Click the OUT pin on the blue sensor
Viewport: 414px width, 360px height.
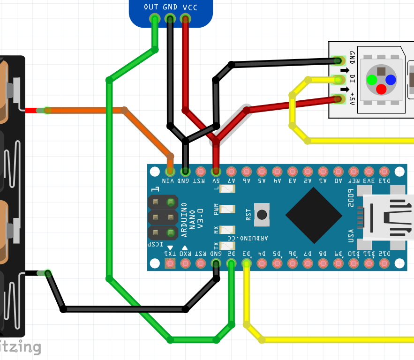[x=154, y=19]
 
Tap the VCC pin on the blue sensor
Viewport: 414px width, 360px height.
[x=185, y=19]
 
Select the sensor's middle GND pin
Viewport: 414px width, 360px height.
[x=170, y=19]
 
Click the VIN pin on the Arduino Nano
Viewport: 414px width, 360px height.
[x=170, y=171]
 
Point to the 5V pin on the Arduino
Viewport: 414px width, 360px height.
[x=216, y=171]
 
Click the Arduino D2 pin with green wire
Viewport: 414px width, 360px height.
[x=231, y=263]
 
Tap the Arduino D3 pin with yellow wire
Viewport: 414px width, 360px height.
[x=247, y=263]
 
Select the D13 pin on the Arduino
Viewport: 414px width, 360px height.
[x=384, y=171]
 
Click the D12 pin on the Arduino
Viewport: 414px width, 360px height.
[x=384, y=263]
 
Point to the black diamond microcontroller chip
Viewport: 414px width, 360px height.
[x=314, y=216]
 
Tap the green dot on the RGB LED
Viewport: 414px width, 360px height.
[x=372, y=80]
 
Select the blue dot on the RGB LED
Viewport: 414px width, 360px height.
[x=391, y=80]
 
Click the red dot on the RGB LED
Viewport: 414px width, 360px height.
[x=381, y=89]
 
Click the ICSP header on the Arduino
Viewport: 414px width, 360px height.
[x=163, y=217]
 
